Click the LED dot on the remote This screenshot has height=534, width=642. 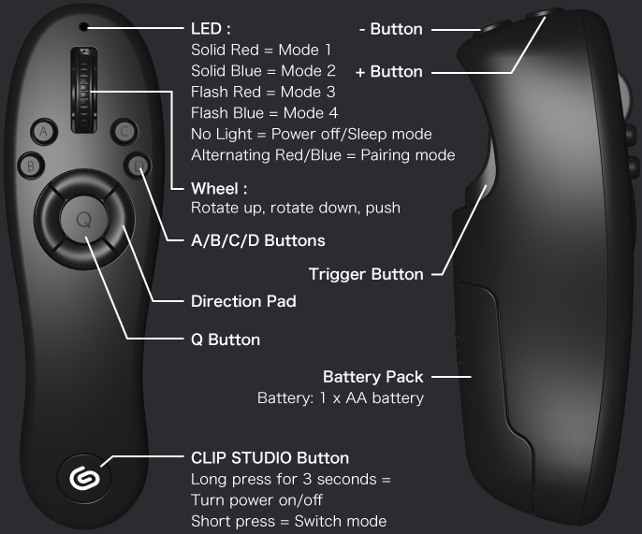(83, 27)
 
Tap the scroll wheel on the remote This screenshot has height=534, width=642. (84, 90)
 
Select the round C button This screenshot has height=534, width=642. (124, 132)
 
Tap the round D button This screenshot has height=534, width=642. (138, 166)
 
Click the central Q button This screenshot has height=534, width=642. (84, 219)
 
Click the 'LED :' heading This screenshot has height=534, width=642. (211, 29)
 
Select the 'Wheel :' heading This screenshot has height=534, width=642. (219, 189)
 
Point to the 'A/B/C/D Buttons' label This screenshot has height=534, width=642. (258, 240)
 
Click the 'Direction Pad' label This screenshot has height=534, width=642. (243, 301)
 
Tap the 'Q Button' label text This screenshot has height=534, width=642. (226, 339)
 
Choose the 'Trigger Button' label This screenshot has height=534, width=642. (366, 274)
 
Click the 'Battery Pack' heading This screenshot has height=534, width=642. (373, 377)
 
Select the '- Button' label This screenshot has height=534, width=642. (390, 30)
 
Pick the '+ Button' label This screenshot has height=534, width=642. (389, 72)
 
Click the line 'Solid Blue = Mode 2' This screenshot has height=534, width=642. (263, 71)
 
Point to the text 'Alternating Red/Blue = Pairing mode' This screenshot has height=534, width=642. (323, 155)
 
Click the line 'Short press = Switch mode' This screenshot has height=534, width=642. (288, 521)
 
